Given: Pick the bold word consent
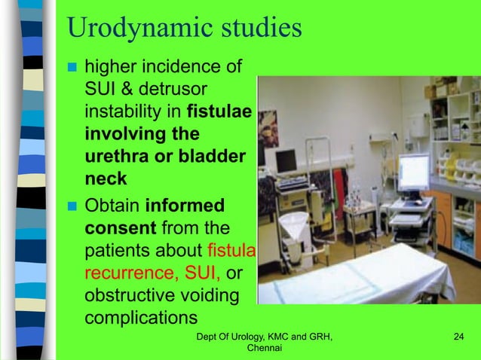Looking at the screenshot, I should pyautogui.click(x=117, y=226).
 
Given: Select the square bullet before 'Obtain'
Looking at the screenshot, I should pyautogui.click(x=73, y=204).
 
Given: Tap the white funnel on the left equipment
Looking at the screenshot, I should pyautogui.click(x=293, y=225).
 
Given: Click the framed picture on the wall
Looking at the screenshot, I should pyautogui.click(x=268, y=127).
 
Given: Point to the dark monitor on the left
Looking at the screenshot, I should pyautogui.click(x=286, y=160).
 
